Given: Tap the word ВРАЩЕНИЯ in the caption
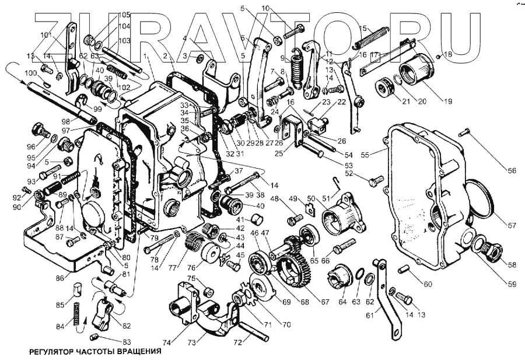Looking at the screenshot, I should tap(135, 352).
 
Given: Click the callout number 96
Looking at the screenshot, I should tap(31, 146).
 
